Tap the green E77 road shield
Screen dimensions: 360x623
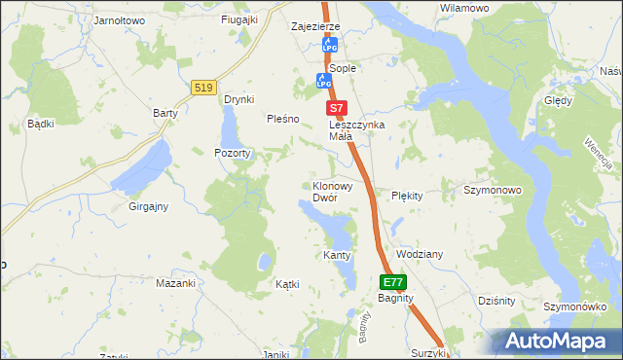tap(392, 282)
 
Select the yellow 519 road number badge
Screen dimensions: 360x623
tap(202, 88)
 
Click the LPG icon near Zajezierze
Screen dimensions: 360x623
tap(330, 45)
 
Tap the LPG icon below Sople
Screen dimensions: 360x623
tap(324, 82)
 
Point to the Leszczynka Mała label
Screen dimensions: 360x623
tap(357, 130)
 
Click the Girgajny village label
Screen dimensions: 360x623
tap(149, 206)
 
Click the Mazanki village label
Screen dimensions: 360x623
tap(176, 283)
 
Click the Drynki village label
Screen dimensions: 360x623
tap(238, 98)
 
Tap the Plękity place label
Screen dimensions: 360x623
tap(406, 196)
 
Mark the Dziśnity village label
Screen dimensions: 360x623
tap(496, 301)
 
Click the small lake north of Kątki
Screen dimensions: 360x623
tap(263, 261)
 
